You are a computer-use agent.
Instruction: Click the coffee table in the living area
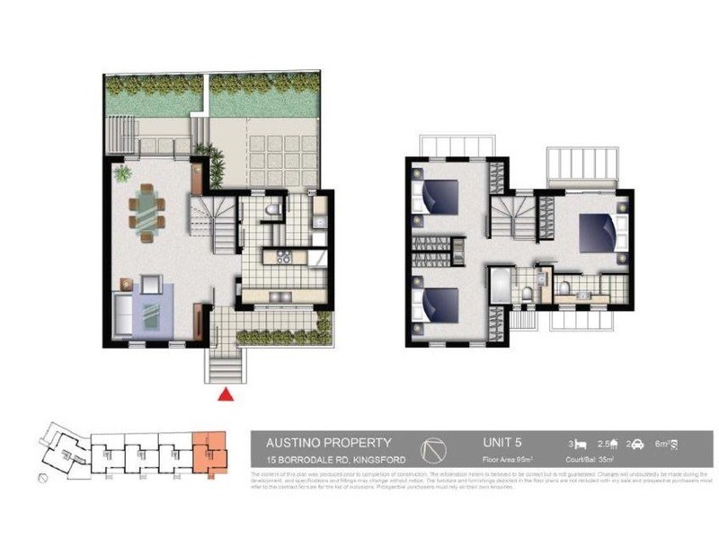149,314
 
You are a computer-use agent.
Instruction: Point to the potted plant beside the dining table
122,172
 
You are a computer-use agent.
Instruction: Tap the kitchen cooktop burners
284,259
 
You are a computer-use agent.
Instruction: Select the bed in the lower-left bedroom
438,305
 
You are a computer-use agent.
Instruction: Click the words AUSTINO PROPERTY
328,442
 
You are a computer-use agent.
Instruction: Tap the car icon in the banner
635,444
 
